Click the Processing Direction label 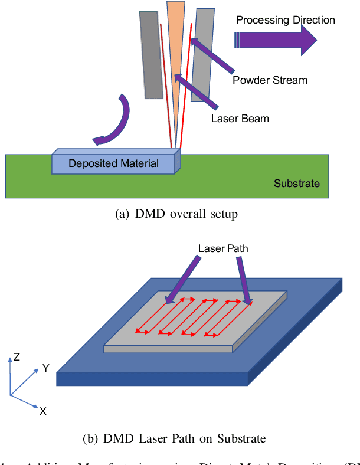point(285,20)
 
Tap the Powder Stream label point(270,80)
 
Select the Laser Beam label point(240,119)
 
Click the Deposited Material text point(113,163)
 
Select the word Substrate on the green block point(296,184)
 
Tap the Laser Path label point(223,248)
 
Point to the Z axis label point(17,357)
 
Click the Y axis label point(45,368)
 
